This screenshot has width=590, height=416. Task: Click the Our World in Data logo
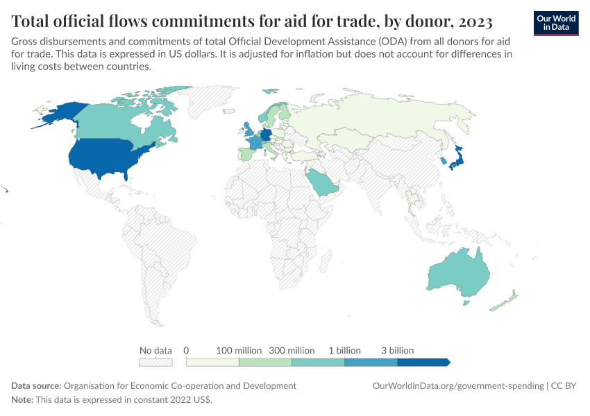point(556,23)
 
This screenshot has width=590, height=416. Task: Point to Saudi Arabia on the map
point(321,182)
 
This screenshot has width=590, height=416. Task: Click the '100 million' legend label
point(239,350)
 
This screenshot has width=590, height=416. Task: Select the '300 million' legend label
point(292,350)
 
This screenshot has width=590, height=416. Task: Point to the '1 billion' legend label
point(344,350)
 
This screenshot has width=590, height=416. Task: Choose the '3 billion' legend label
point(397,350)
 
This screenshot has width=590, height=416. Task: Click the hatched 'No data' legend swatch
point(155,362)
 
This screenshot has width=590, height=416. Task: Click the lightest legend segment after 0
point(212,362)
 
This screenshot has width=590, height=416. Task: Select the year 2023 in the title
point(473,21)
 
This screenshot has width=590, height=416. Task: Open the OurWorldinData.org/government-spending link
point(458,385)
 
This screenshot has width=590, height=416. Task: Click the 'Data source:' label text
point(36,385)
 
